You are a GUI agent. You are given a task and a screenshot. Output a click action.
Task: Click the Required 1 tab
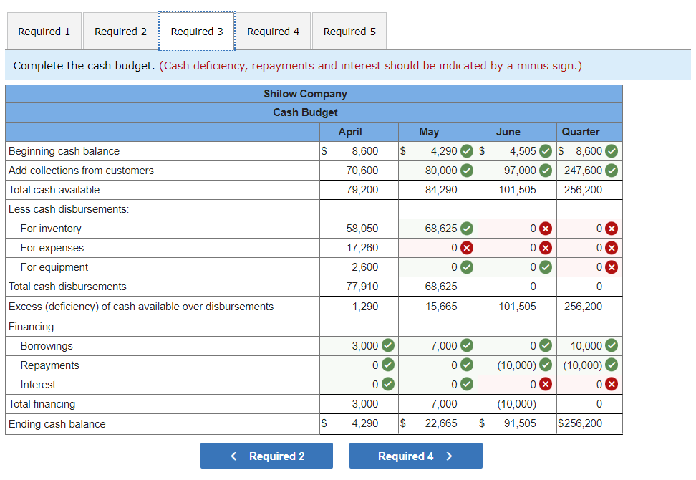click(44, 32)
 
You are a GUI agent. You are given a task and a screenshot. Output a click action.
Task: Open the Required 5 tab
click(349, 32)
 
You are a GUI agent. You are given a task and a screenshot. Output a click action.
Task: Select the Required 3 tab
click(197, 32)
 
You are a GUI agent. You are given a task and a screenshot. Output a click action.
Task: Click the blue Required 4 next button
click(415, 456)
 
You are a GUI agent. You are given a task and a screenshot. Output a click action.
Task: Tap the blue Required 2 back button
click(266, 456)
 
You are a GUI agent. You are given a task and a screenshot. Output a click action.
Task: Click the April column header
click(350, 132)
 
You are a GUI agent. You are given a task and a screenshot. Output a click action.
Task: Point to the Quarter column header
click(581, 132)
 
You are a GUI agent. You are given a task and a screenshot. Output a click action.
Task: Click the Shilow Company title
click(305, 94)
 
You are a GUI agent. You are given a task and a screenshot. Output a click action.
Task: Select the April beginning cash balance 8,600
click(364, 151)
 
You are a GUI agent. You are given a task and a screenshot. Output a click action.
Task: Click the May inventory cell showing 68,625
click(440, 229)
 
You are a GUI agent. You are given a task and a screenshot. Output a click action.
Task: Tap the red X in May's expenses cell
click(466, 248)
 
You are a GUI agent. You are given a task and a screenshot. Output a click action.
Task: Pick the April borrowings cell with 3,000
click(364, 346)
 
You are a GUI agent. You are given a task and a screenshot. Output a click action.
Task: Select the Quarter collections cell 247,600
click(583, 171)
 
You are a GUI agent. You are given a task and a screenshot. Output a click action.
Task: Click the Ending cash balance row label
click(57, 424)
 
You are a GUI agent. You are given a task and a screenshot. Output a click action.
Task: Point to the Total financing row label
click(42, 404)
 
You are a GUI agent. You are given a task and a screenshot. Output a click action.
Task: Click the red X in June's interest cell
click(545, 385)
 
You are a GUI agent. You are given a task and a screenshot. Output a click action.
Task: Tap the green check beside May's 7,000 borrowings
click(466, 346)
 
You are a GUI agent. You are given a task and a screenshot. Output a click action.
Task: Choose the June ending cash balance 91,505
click(519, 423)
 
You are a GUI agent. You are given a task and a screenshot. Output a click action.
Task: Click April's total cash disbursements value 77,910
click(364, 287)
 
